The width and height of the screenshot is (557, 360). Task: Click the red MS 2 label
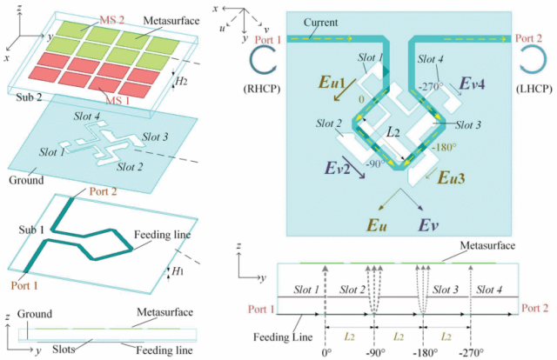(111, 20)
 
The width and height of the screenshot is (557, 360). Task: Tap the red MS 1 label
(117, 101)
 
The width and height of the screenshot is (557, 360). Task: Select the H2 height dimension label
(182, 82)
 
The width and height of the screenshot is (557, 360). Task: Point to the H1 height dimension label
(178, 271)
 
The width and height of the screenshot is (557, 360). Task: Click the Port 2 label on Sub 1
(103, 191)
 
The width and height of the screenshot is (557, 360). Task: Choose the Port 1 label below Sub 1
(24, 285)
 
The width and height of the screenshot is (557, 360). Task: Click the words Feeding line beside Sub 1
(163, 235)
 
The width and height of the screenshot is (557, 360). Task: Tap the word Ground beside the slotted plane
(26, 180)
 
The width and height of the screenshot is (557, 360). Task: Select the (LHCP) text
(534, 89)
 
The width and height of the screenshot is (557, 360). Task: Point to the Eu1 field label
(332, 83)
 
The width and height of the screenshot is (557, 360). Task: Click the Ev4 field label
(472, 83)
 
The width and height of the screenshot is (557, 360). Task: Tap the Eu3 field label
(452, 177)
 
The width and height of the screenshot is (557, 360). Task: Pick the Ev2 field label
(338, 168)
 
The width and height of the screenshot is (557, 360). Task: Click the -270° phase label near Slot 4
(431, 87)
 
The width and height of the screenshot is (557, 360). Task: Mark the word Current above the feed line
(320, 23)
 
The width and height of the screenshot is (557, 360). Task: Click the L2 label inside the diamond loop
(393, 133)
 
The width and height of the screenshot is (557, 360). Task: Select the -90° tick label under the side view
(376, 353)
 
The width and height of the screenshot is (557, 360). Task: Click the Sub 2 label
(29, 97)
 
